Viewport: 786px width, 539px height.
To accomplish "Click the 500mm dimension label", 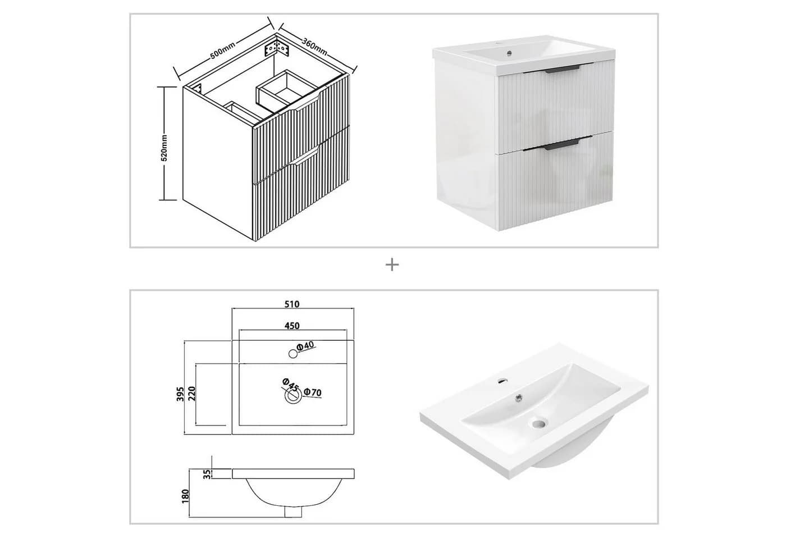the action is [x=222, y=50].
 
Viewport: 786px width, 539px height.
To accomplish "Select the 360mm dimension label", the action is [x=315, y=47].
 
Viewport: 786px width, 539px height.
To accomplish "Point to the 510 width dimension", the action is [x=292, y=304].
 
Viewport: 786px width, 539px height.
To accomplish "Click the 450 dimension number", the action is [x=292, y=326].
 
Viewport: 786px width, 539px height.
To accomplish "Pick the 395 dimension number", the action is [x=180, y=394].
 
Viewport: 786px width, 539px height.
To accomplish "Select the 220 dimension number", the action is [x=191, y=394].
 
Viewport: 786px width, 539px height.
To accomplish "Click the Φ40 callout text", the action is [x=305, y=346].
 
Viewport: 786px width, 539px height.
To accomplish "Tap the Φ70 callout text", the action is [x=313, y=392].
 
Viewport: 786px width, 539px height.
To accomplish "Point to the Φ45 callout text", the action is [x=290, y=384].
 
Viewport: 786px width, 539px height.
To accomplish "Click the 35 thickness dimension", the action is [x=207, y=474].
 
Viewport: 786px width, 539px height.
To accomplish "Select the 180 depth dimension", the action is [x=186, y=496].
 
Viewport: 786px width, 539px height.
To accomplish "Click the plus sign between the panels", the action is [x=392, y=265].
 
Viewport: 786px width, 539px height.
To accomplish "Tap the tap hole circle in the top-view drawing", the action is [x=293, y=354].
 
